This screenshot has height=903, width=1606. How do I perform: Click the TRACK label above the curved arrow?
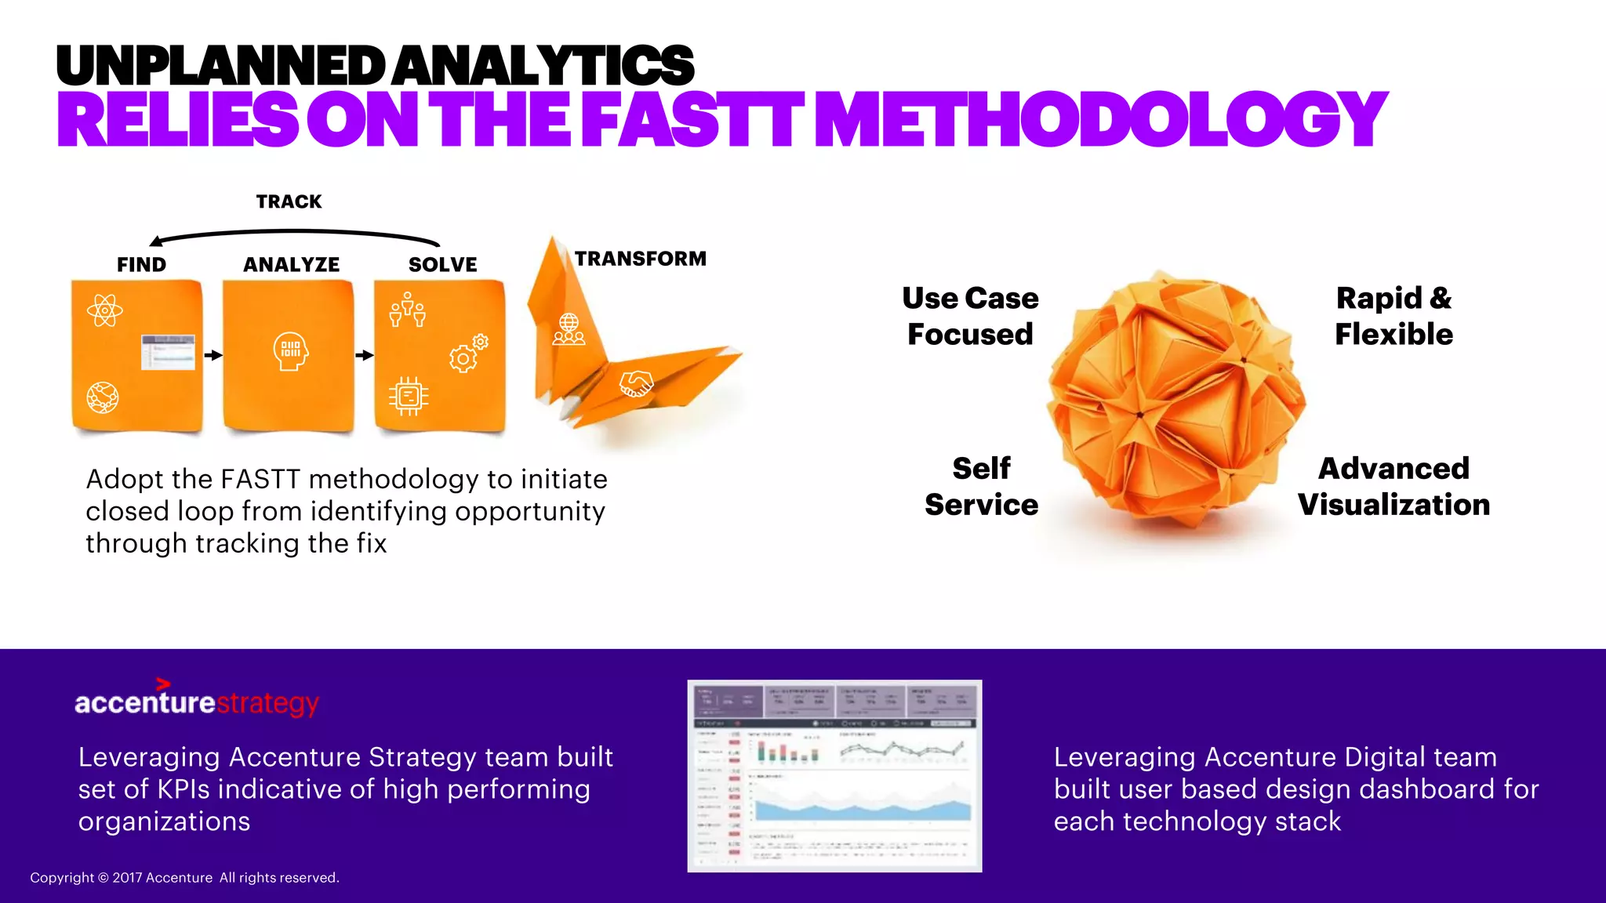coord(289,201)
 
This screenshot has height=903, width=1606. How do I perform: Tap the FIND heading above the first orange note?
coord(141,265)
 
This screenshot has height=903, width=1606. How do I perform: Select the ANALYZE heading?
coord(291,265)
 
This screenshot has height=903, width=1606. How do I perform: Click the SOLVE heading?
coord(442,265)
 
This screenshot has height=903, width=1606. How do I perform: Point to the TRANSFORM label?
coord(640,259)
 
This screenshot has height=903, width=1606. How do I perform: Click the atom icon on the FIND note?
coord(105,310)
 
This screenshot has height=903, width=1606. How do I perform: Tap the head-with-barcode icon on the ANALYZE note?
coord(290,350)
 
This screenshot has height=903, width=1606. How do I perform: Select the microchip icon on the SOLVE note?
coord(408,396)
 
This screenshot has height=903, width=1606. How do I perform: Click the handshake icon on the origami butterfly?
coord(636,383)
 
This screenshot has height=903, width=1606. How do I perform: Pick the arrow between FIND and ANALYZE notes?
coord(213,355)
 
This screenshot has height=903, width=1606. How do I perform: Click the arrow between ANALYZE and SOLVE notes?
coord(365,355)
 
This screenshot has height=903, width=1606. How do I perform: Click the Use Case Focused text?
coord(970,316)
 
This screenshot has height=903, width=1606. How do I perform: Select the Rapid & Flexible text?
coord(1393,316)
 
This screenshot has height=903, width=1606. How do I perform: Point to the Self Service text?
coord(981,486)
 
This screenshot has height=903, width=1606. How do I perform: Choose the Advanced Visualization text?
coord(1393,486)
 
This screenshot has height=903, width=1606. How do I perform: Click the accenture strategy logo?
coord(196,701)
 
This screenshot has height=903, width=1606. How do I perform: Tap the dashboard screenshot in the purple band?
coord(834,775)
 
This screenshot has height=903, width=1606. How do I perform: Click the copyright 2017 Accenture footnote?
coord(184,878)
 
